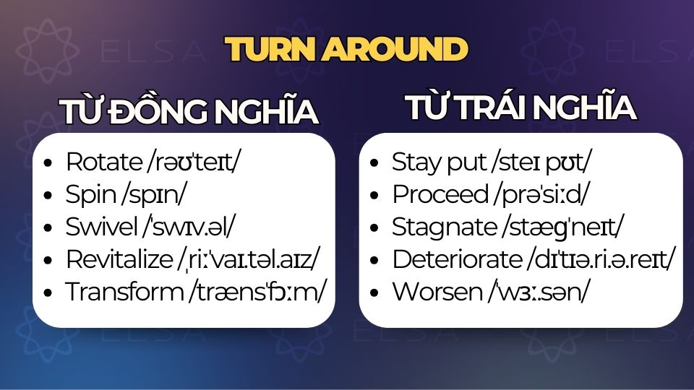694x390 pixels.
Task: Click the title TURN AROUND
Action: pyautogui.click(x=346, y=49)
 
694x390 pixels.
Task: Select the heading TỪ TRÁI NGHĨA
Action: pyautogui.click(x=520, y=107)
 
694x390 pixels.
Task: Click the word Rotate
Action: pyautogui.click(x=103, y=162)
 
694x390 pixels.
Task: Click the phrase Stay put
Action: pyautogui.click(x=439, y=162)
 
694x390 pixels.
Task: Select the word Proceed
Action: pyautogui.click(x=440, y=194)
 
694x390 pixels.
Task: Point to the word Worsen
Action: pyautogui.click(x=437, y=292)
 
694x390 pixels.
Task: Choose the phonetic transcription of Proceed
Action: pyautogui.click(x=541, y=194)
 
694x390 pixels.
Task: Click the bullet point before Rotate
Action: pyautogui.click(x=48, y=162)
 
